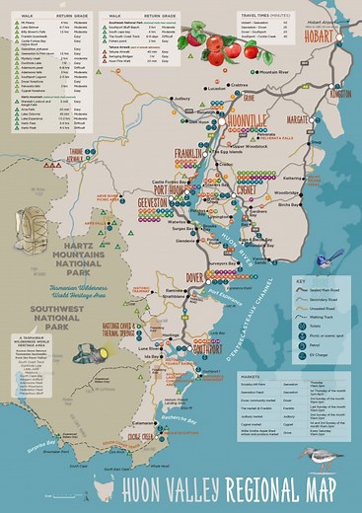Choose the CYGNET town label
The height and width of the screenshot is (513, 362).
[245, 190]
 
